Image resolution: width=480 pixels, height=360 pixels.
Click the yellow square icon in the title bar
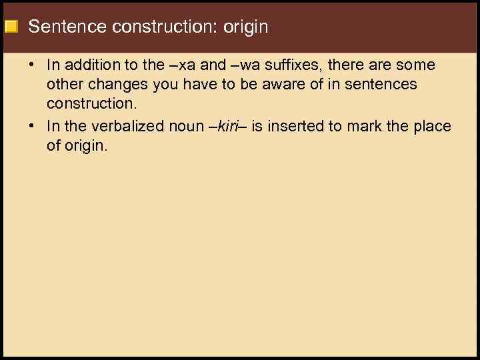pos(11,27)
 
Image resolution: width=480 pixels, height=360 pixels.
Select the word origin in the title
pos(245,27)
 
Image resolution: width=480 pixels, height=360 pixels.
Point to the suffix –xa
pos(183,65)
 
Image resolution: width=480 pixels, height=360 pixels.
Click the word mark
pos(359,127)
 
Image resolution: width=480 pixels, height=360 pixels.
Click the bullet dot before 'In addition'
pos(32,65)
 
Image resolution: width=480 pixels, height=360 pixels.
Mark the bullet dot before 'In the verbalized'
pos(32,127)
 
